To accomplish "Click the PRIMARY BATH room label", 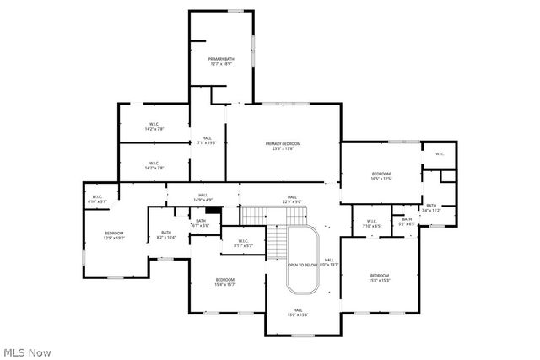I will (220, 61).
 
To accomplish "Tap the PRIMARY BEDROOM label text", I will (283, 146).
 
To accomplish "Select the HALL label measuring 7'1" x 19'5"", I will (207, 141).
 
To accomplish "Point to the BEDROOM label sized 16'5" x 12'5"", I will (381, 175).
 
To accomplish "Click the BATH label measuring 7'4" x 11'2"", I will (430, 207).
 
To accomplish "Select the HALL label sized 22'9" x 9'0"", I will (291, 198).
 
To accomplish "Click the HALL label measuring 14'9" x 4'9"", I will (202, 197).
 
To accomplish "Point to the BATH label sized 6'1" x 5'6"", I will (201, 223).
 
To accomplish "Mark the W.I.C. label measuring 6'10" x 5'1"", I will (98, 200).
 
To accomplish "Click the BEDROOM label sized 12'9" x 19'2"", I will (114, 235).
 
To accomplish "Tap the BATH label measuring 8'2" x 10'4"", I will (166, 235).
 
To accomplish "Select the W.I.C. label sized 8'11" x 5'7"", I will (243, 244).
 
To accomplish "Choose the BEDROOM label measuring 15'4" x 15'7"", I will (224, 282).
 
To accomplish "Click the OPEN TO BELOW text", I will (301, 265).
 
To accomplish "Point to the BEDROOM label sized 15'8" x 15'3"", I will (379, 277).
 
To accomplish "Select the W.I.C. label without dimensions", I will (440, 153).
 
